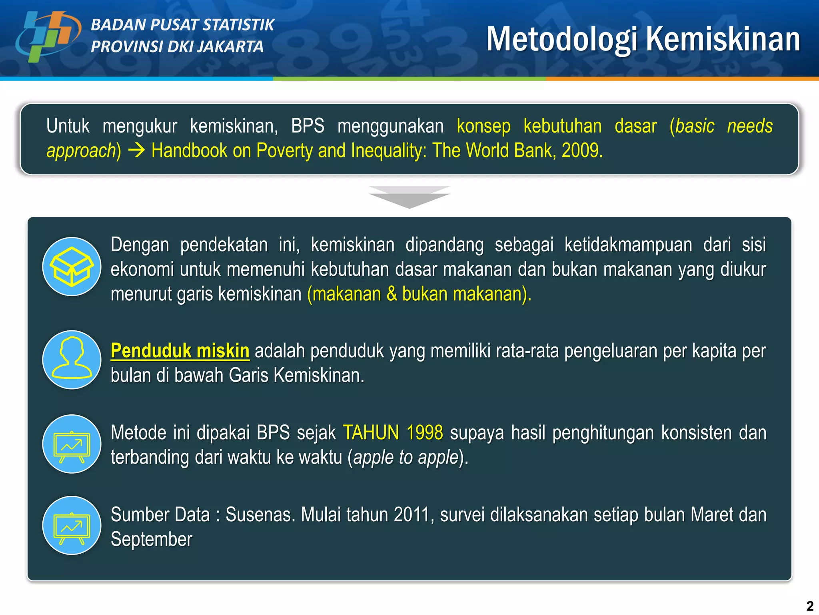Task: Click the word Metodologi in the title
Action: point(561,39)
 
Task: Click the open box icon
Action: point(72,267)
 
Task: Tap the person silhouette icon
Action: point(72,359)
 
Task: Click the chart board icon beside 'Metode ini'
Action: point(72,444)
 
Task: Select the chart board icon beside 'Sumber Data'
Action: point(72,525)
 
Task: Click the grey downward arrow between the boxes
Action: point(409,197)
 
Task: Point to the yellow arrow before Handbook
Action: point(136,151)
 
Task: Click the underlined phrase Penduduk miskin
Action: point(180,351)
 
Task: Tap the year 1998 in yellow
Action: point(424,433)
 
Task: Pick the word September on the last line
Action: point(152,539)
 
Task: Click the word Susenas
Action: point(260,515)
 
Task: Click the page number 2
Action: point(810,606)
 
